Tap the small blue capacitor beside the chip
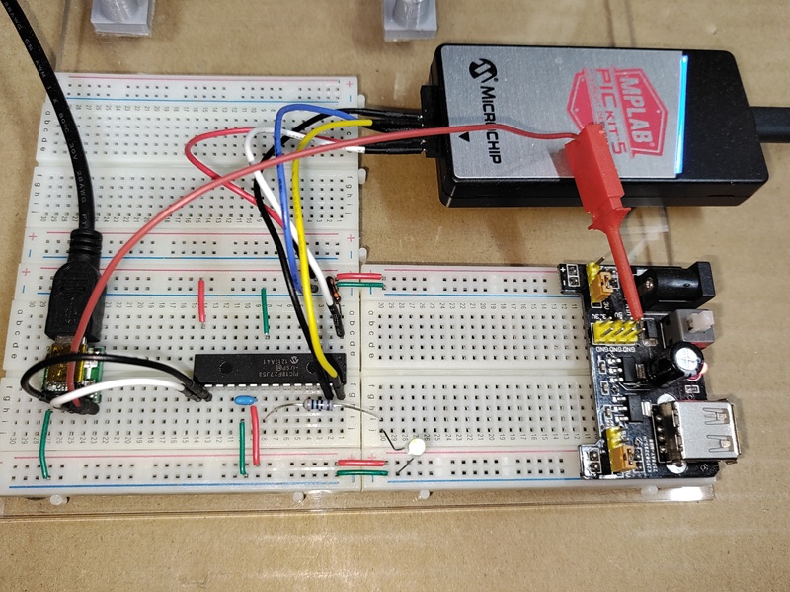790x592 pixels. (x=246, y=400)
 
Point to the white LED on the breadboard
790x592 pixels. (x=416, y=448)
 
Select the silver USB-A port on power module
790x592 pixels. (x=706, y=434)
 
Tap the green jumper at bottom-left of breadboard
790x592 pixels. (x=44, y=444)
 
